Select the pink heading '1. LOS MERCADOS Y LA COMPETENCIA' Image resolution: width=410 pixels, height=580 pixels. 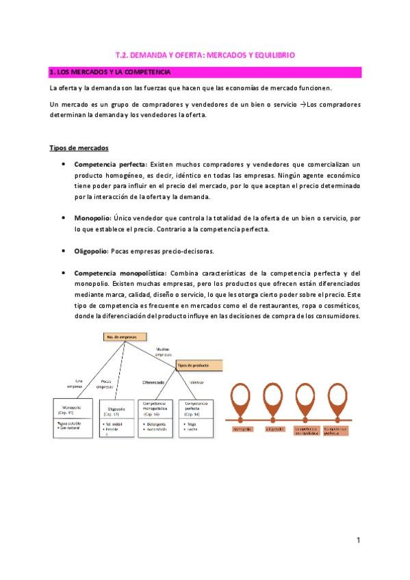[110, 72]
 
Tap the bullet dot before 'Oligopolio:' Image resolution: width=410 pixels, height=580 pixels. [64, 251]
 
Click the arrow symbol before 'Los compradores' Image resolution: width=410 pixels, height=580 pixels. [302, 104]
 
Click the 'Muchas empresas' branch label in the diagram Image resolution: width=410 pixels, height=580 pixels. [163, 351]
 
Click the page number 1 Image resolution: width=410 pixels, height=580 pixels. [358, 540]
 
